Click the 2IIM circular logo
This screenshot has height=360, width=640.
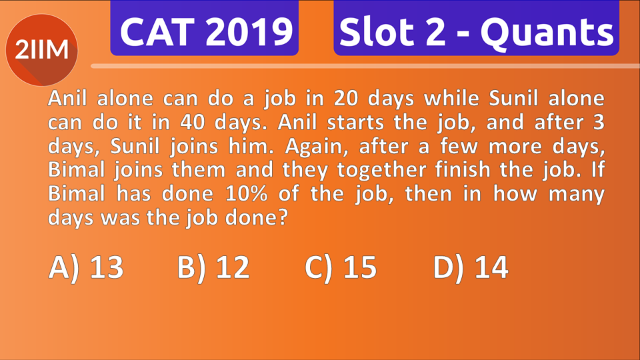pyautogui.click(x=42, y=50)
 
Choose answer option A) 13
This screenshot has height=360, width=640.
pyautogui.click(x=86, y=268)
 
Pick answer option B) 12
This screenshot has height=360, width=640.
pyautogui.click(x=213, y=268)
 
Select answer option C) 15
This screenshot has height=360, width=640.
pyautogui.click(x=341, y=268)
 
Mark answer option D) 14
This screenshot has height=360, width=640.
pyautogui.click(x=471, y=268)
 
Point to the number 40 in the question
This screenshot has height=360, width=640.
pyautogui.click(x=195, y=124)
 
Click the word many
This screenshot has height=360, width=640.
pyautogui.click(x=577, y=195)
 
